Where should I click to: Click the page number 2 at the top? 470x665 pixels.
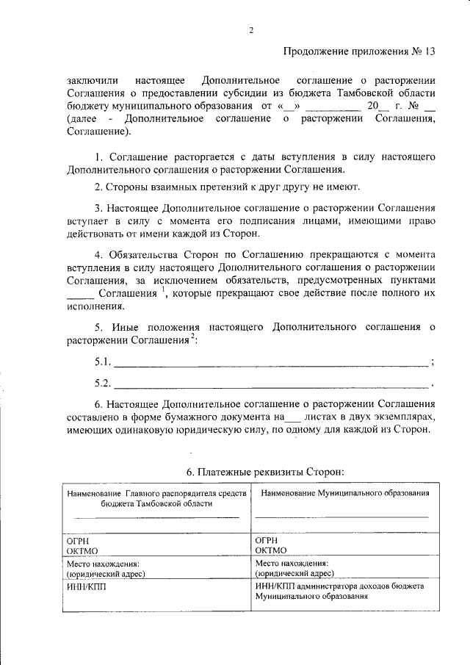coord(250,30)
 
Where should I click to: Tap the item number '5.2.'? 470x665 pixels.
coord(104,383)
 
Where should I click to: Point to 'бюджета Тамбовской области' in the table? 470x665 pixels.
coord(157,504)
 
